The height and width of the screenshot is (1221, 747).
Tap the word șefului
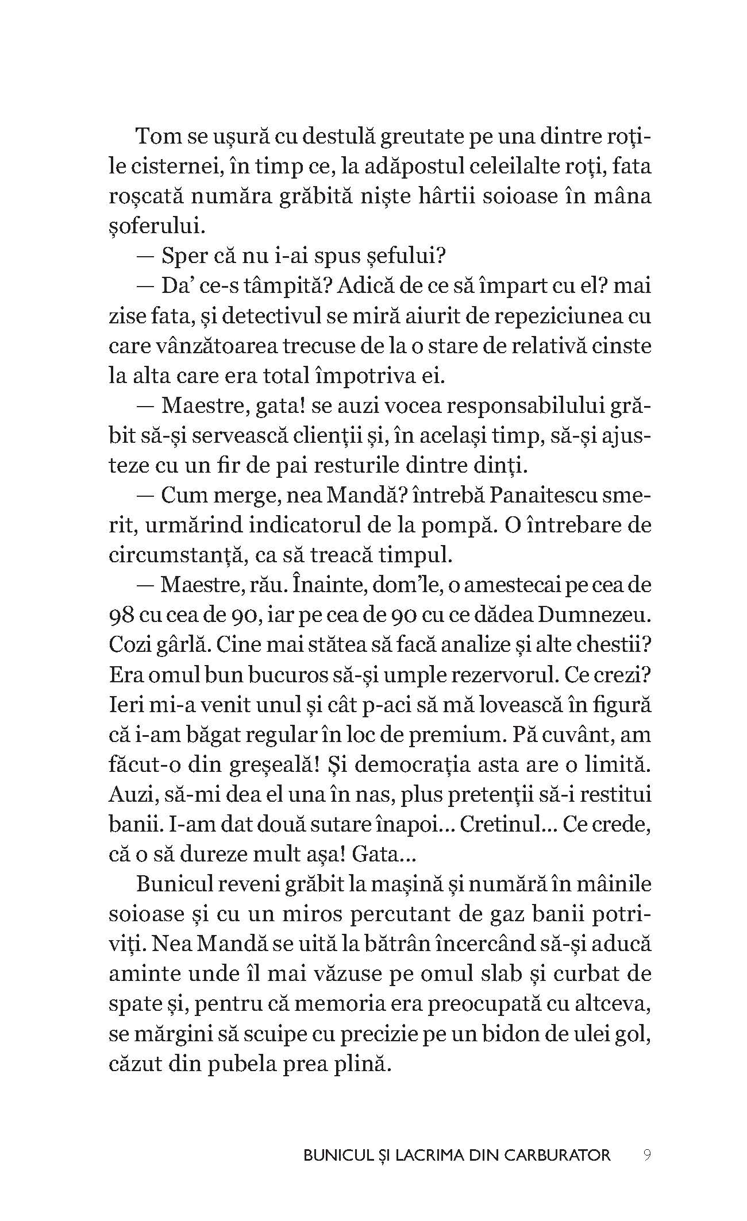pos(407,256)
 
